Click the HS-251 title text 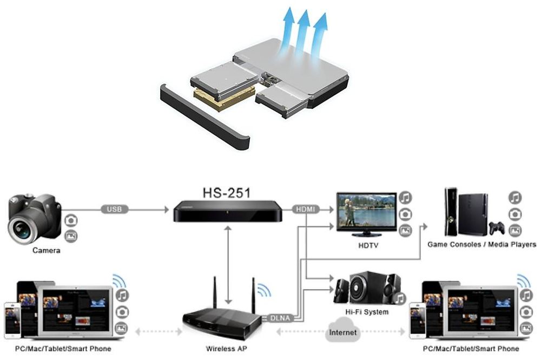[x=226, y=193]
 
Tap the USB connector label [x=114, y=209]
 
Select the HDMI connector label [x=306, y=209]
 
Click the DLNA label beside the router [x=280, y=318]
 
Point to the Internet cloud [x=342, y=331]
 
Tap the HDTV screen [x=366, y=211]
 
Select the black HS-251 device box [x=227, y=211]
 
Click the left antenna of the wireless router [x=214, y=292]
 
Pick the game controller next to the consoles [x=497, y=228]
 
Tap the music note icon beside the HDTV [x=405, y=198]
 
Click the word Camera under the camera [x=46, y=250]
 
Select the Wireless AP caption [x=226, y=349]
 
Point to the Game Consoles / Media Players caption [x=481, y=244]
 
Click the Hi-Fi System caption [x=367, y=312]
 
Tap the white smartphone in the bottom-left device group [x=12, y=320]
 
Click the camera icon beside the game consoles [x=515, y=214]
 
